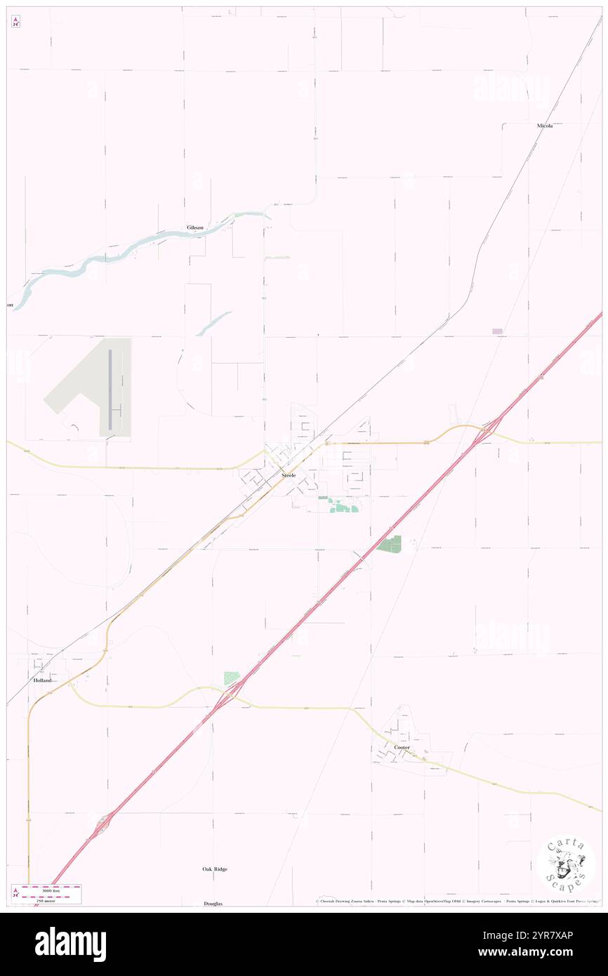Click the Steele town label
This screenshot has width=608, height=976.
[x=289, y=475]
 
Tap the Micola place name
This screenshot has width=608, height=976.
[x=545, y=125]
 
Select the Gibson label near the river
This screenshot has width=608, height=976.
[x=195, y=227]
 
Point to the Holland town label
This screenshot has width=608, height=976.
[x=42, y=680]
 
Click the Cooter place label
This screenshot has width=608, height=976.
[x=402, y=748]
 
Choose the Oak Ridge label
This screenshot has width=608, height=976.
[x=215, y=869]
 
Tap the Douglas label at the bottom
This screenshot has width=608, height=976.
[x=213, y=904]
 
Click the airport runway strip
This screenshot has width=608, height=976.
[x=110, y=390]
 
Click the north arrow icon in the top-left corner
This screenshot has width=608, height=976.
[x=15, y=22]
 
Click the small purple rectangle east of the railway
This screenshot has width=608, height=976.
[x=497, y=331]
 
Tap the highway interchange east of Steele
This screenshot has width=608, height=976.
[x=487, y=430]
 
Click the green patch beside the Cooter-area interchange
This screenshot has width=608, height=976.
[x=231, y=678]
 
